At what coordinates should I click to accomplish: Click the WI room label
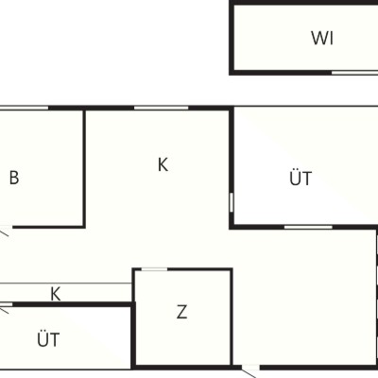click(322, 38)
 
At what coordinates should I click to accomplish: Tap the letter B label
click(14, 178)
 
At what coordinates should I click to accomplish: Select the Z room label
click(181, 312)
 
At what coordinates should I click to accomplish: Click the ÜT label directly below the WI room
click(301, 178)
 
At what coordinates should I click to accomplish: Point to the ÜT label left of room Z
click(48, 339)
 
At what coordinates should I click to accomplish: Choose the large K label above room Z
click(163, 164)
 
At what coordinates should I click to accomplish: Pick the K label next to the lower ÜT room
click(56, 294)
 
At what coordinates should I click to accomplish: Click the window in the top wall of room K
click(162, 108)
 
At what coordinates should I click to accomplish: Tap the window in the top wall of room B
click(25, 108)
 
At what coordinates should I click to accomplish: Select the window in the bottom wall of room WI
click(354, 73)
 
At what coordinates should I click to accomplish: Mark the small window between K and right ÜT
click(232, 202)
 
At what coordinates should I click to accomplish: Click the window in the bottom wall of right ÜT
click(308, 227)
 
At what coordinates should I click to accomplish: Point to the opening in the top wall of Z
click(154, 269)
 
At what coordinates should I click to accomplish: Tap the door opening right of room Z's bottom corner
click(250, 367)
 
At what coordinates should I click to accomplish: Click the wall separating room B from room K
click(84, 168)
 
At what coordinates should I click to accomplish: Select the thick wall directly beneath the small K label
click(72, 304)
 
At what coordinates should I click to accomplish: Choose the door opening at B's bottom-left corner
click(7, 227)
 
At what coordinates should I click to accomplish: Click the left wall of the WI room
click(232, 38)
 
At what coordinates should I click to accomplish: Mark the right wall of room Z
click(232, 317)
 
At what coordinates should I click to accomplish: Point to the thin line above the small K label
click(65, 283)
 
